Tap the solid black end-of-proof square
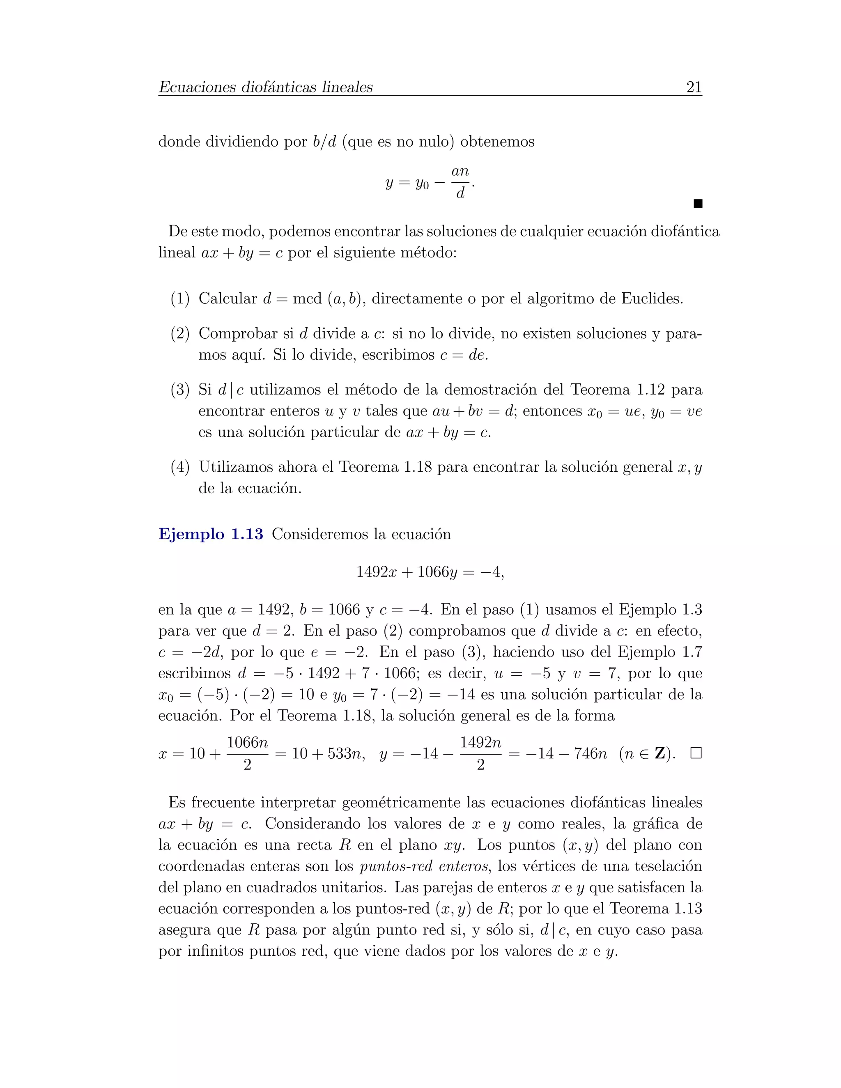tap(698, 203)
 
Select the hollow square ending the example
tap(696, 753)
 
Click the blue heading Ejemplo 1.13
tap(211, 534)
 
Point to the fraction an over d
tap(460, 182)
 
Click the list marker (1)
tap(180, 299)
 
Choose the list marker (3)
tap(180, 390)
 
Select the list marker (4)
tap(180, 467)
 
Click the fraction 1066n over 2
tap(247, 753)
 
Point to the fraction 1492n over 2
tap(480, 753)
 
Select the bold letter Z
tap(660, 753)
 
